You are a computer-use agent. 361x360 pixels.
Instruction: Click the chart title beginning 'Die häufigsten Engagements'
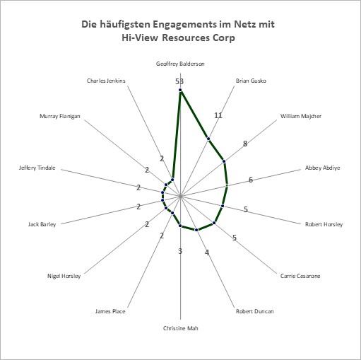[178, 31]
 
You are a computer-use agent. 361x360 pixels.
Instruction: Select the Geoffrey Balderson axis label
[180, 64]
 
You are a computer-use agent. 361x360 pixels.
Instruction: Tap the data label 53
[179, 81]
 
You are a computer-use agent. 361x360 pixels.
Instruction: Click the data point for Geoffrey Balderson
[180, 90]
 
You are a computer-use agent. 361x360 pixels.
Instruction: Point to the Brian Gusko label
[251, 81]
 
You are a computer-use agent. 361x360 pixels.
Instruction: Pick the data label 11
[218, 115]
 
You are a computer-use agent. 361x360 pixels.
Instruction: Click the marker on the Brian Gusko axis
[208, 139]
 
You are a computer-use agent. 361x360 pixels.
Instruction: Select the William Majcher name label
[301, 116]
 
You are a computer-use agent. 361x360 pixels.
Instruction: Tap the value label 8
[245, 144]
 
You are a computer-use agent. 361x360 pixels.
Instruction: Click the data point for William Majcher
[224, 161]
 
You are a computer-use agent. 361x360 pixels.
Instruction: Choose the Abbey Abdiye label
[322, 168]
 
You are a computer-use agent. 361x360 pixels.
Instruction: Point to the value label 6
[251, 180]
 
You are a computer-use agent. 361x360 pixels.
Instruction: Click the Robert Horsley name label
[324, 224]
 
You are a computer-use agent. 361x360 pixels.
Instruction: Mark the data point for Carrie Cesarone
[214, 223]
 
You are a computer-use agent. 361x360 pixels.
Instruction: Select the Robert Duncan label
[255, 311]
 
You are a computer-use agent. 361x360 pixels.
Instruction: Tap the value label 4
[207, 252]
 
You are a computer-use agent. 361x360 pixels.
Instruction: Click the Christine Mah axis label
[181, 328]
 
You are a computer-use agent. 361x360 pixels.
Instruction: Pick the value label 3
[180, 251]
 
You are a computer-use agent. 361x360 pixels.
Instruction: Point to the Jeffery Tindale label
[37, 168]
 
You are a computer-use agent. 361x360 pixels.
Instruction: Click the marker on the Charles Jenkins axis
[172, 180]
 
